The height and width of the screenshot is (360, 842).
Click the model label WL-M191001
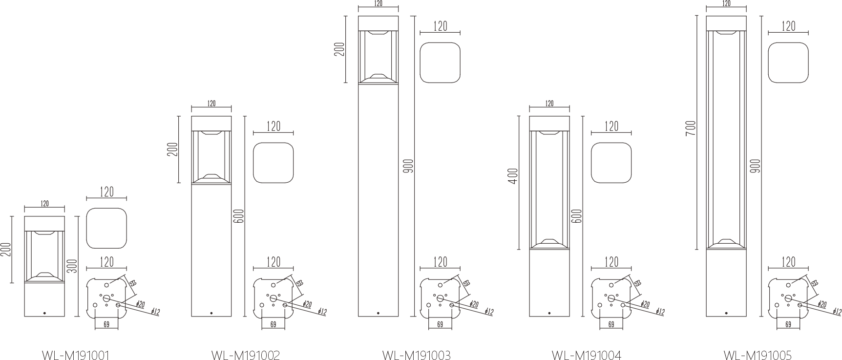[x=76, y=355]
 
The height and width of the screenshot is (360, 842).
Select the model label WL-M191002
[x=246, y=355]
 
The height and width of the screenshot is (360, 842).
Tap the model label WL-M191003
[x=416, y=355]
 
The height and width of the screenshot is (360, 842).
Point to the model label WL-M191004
[x=587, y=355]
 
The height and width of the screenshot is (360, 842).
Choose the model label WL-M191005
[x=758, y=355]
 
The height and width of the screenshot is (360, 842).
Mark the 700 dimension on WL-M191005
[x=690, y=128]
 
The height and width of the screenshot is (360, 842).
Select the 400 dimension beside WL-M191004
[x=512, y=176]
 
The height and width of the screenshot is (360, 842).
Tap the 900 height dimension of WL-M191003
[x=409, y=166]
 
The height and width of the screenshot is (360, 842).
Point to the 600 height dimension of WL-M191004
[x=576, y=216]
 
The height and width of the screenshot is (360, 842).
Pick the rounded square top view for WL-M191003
[x=440, y=63]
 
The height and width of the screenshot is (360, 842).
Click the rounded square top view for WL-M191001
[x=106, y=228]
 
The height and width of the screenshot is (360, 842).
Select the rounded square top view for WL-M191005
[x=788, y=63]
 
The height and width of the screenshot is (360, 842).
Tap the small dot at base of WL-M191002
[x=211, y=313]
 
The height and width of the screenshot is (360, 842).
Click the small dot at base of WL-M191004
[x=549, y=313]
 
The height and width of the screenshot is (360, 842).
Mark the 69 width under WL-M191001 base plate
[x=106, y=324]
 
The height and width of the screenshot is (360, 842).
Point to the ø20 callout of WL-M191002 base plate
[x=307, y=304]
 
